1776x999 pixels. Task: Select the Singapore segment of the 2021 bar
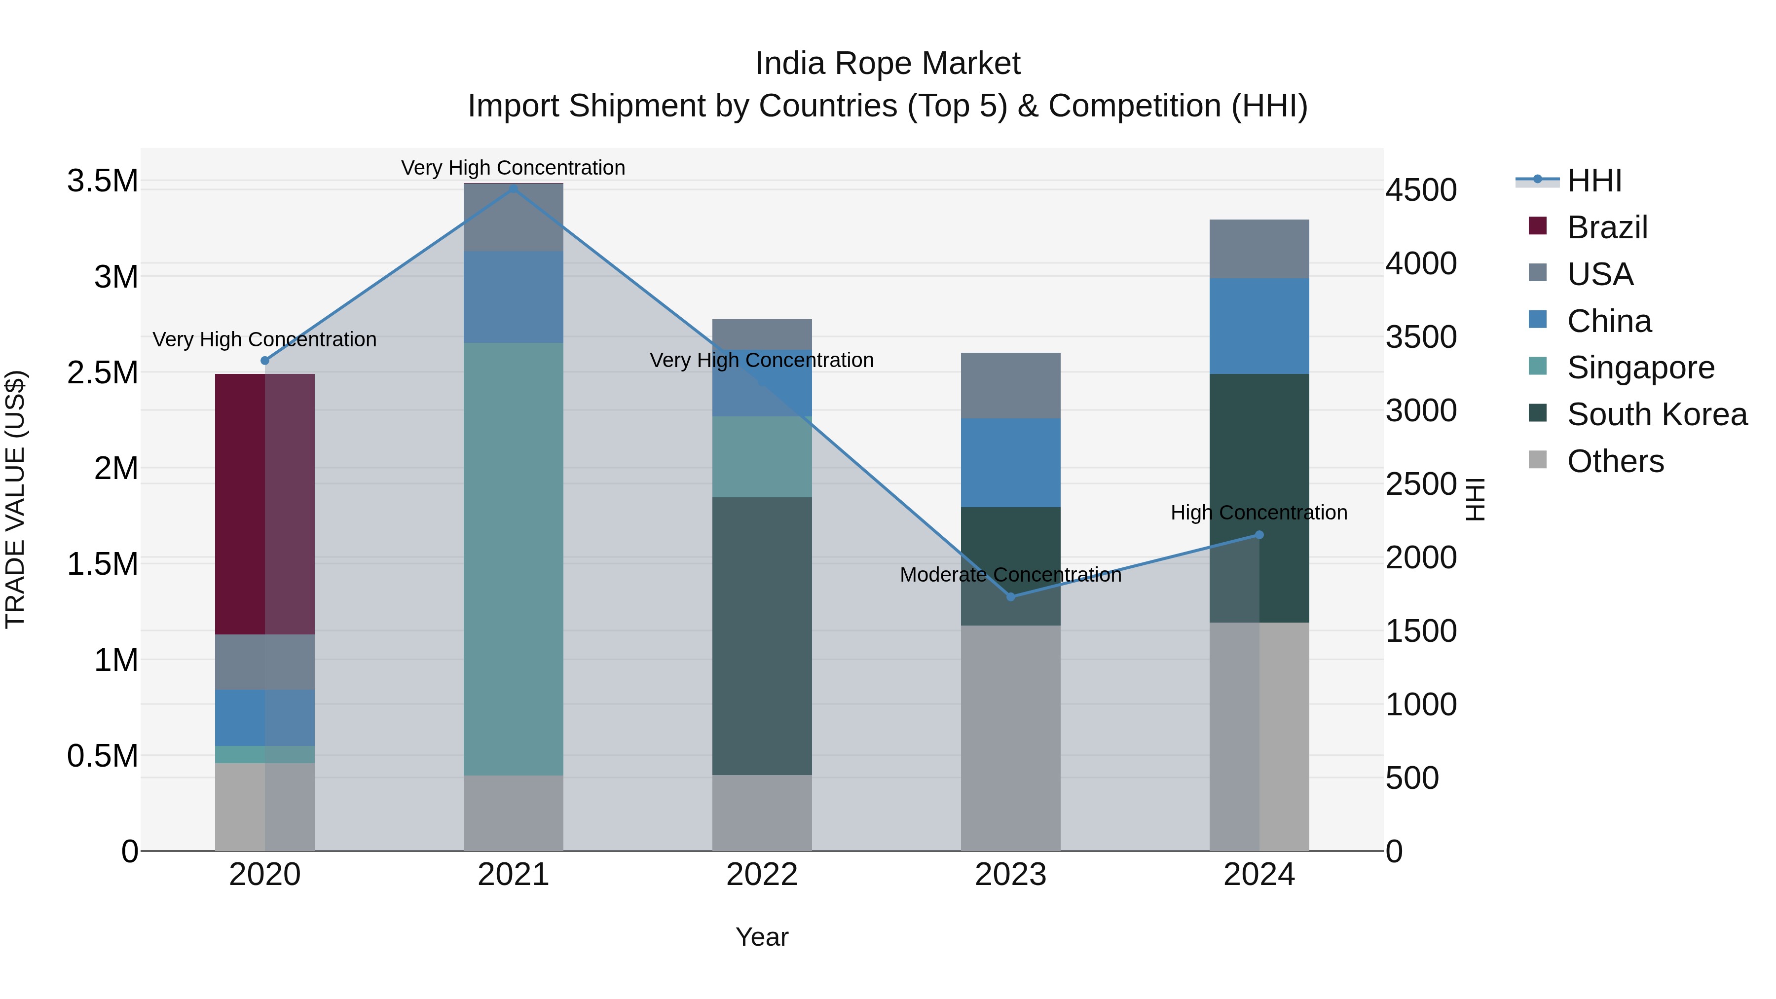pyautogui.click(x=513, y=558)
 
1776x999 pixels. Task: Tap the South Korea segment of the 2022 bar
pyautogui.click(x=762, y=636)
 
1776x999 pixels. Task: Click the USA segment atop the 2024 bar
pyautogui.click(x=1259, y=249)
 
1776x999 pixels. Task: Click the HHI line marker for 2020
pyautogui.click(x=265, y=361)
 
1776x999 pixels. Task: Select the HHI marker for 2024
pyautogui.click(x=1259, y=535)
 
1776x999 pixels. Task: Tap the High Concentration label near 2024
pyautogui.click(x=1259, y=513)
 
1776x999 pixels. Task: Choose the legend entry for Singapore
pyautogui.click(x=1641, y=368)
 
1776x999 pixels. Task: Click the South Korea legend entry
pyautogui.click(x=1657, y=414)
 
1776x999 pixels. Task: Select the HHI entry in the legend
pyautogui.click(x=1594, y=181)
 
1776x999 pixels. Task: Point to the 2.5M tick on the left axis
pyautogui.click(x=103, y=373)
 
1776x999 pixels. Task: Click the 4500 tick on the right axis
pyautogui.click(x=1422, y=191)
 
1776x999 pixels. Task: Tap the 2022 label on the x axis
pyautogui.click(x=762, y=875)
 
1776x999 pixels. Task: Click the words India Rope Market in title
pyautogui.click(x=888, y=64)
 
